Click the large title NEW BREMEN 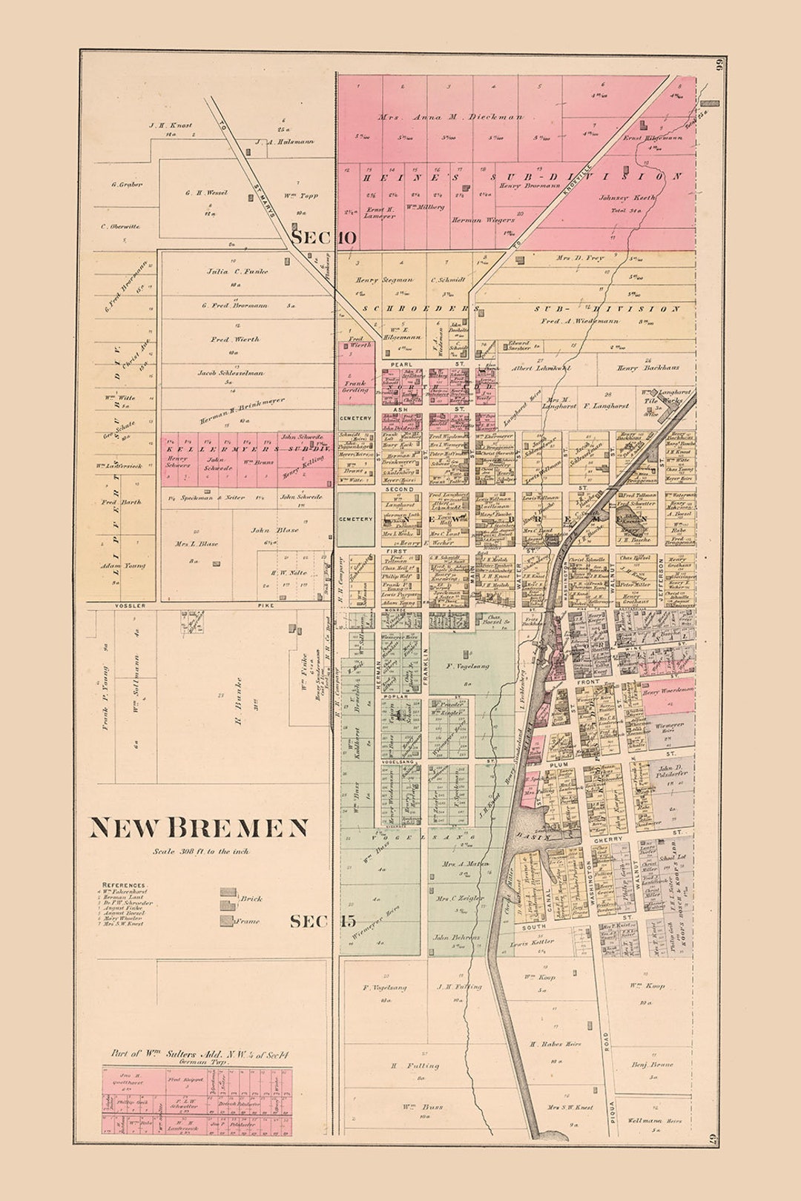[x=199, y=827]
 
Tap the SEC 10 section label [x=323, y=239]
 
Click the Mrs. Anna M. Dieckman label [x=450, y=116]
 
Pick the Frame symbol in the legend [x=228, y=921]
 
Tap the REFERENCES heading [x=124, y=885]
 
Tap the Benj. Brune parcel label [x=653, y=1064]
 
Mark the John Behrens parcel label [x=456, y=937]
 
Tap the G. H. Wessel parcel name [x=206, y=193]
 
